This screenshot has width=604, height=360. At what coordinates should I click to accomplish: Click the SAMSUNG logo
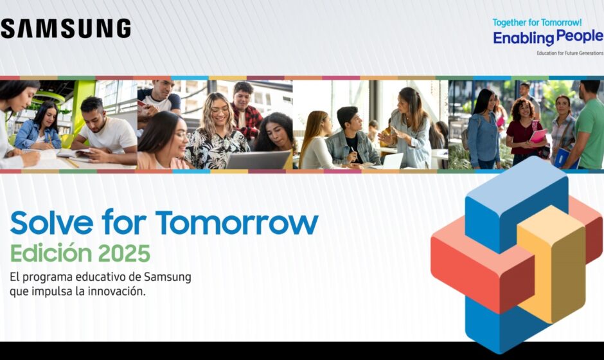pyautogui.click(x=66, y=28)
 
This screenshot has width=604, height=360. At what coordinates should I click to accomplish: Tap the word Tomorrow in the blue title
pyautogui.click(x=237, y=222)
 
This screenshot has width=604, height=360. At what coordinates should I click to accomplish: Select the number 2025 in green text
pyautogui.click(x=124, y=253)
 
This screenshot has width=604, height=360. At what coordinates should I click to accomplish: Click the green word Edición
pyautogui.click(x=51, y=253)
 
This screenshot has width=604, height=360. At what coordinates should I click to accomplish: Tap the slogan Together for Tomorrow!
pyautogui.click(x=537, y=22)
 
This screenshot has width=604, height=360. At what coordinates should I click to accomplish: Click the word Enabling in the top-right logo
pyautogui.click(x=524, y=38)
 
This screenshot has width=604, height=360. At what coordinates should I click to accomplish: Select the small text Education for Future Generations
pyautogui.click(x=570, y=53)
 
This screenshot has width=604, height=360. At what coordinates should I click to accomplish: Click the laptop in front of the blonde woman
pyautogui.click(x=258, y=159)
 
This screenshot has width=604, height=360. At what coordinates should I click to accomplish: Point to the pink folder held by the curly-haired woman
pyautogui.click(x=538, y=136)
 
